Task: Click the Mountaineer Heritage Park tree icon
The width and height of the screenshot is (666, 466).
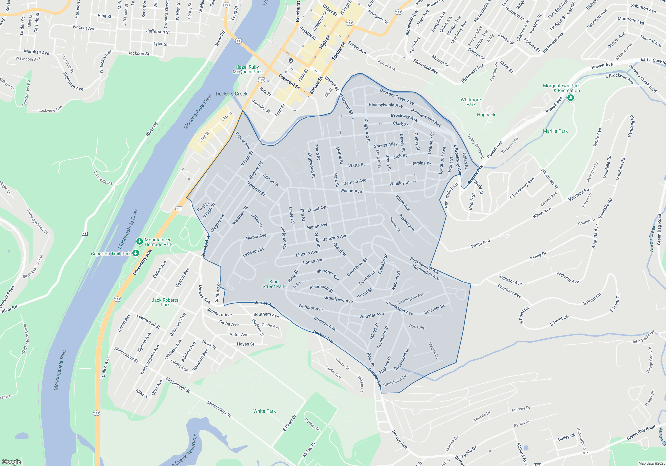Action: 140,241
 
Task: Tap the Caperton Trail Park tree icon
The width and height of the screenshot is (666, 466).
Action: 135,253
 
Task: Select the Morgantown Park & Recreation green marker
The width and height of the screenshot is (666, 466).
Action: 571,98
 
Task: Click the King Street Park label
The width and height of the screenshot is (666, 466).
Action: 274,284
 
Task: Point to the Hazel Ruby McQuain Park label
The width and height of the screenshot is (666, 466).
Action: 247,69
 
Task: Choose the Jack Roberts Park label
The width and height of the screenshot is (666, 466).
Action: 165,302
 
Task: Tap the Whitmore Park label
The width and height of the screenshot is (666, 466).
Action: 471,102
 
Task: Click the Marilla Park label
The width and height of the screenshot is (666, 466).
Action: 555,131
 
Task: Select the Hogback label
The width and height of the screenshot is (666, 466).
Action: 486,115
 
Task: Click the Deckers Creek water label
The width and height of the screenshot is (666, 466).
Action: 231,94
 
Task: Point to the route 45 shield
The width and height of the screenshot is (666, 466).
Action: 85,234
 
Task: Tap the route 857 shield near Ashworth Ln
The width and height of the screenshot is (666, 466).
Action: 586,453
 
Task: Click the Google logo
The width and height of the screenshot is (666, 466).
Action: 11,462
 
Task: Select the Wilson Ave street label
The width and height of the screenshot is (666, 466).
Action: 351,191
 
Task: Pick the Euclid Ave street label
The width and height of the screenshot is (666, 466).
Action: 317,209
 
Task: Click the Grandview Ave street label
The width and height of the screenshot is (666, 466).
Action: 338,299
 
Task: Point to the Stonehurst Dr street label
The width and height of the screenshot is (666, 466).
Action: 395,381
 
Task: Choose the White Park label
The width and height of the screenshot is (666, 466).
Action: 264,411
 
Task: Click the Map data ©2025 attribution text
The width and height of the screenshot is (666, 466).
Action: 651,463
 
